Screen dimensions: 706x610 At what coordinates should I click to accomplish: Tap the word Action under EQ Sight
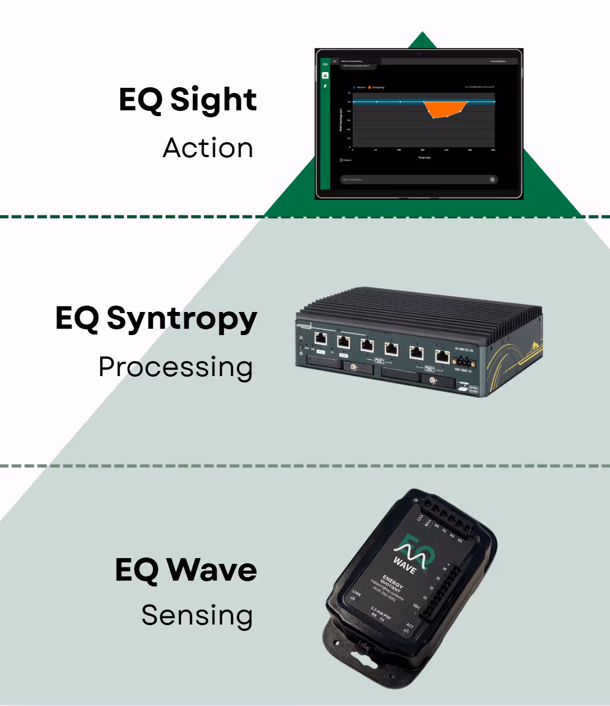pyautogui.click(x=208, y=148)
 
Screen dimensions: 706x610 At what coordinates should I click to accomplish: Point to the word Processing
pyautogui.click(x=176, y=367)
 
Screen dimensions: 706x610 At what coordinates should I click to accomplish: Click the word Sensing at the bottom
pyautogui.click(x=197, y=616)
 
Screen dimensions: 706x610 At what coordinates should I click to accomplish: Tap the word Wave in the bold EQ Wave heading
pyautogui.click(x=212, y=570)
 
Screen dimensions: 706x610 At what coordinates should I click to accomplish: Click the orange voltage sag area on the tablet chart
pyautogui.click(x=445, y=109)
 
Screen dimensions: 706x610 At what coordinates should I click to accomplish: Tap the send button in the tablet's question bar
pyautogui.click(x=492, y=180)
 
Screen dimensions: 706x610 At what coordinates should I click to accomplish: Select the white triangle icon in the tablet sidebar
pyautogui.click(x=325, y=75)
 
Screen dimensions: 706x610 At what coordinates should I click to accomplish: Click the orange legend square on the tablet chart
pyautogui.click(x=370, y=87)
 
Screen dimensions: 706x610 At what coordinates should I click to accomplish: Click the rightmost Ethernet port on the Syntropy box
pyautogui.click(x=442, y=356)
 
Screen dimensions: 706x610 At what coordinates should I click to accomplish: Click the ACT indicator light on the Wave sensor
pyautogui.click(x=406, y=631)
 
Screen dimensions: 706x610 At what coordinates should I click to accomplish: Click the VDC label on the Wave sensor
pyautogui.click(x=416, y=607)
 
